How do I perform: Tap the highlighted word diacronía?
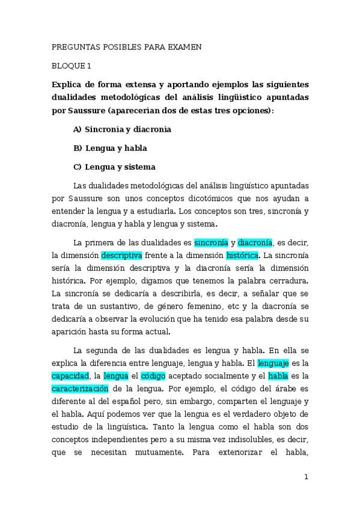pos(255,242)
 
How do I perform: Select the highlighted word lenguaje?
pos(273,363)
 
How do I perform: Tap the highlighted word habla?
pos(278,376)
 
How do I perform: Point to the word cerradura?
pos(287,280)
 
